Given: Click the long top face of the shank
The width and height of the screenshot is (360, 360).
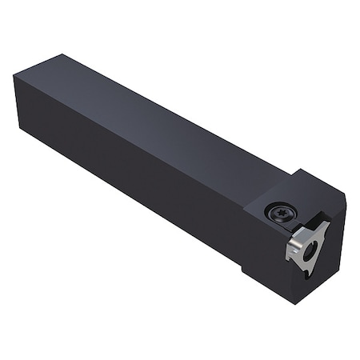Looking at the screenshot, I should tap(160, 112).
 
